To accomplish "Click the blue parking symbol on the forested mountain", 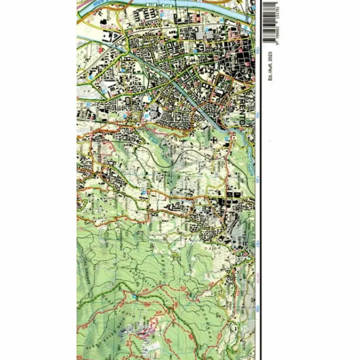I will coord(134,296).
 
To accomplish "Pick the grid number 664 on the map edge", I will coord(258,50).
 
